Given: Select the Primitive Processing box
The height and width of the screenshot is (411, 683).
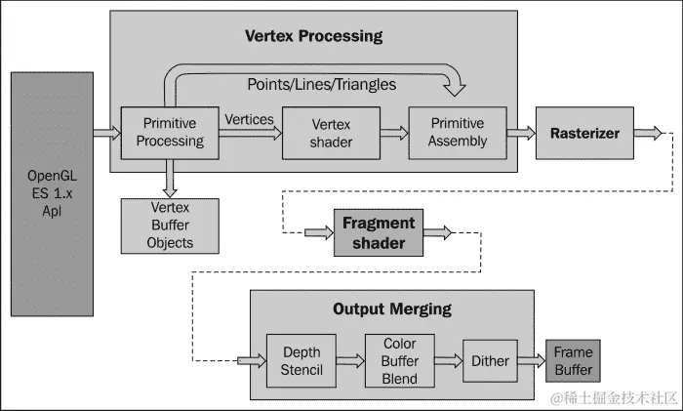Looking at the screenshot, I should tap(170, 132).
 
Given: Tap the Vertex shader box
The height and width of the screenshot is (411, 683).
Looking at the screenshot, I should tap(331, 133).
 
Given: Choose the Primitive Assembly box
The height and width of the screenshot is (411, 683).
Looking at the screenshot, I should tap(458, 132).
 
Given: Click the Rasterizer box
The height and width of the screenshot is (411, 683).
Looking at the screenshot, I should tap(584, 133).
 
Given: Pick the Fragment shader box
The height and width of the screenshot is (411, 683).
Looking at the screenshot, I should tap(378, 232).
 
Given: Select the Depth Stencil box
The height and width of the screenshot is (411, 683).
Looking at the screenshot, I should tap(301, 360).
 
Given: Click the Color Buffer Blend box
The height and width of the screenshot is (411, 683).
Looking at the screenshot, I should tap(400, 360).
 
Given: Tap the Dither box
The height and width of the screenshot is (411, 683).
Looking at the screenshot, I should tap(490, 360).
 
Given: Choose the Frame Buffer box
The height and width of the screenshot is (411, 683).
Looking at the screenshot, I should tap(573, 360).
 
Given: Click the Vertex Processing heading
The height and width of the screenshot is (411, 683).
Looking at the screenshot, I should tap(312, 36).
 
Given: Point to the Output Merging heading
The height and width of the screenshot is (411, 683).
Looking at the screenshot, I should tap(392, 308).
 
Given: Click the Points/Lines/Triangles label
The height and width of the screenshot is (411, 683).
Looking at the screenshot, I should tap(323, 85).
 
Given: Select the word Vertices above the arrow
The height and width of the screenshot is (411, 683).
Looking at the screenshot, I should tap(249, 119).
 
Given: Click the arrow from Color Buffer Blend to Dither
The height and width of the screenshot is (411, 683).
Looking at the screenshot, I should tap(448, 361).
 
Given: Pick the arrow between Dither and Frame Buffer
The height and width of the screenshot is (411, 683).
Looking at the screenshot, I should tap(531, 361).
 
